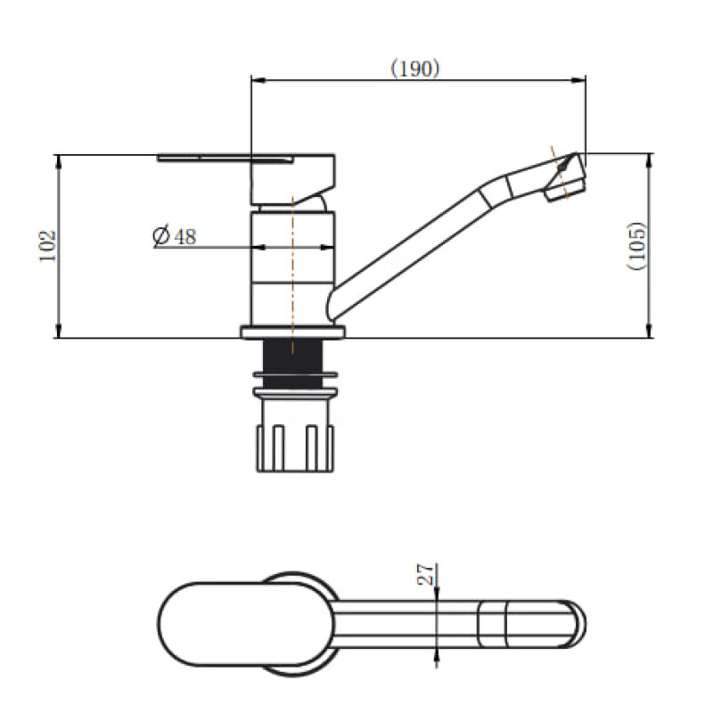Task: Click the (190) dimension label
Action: coord(415,69)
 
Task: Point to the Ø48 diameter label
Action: coord(174,236)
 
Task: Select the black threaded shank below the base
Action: coord(292,360)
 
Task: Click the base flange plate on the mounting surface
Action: coord(292,333)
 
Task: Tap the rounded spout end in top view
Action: coord(575,624)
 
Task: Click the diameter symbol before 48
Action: coord(161,236)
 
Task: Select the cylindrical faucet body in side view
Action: coord(292,267)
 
